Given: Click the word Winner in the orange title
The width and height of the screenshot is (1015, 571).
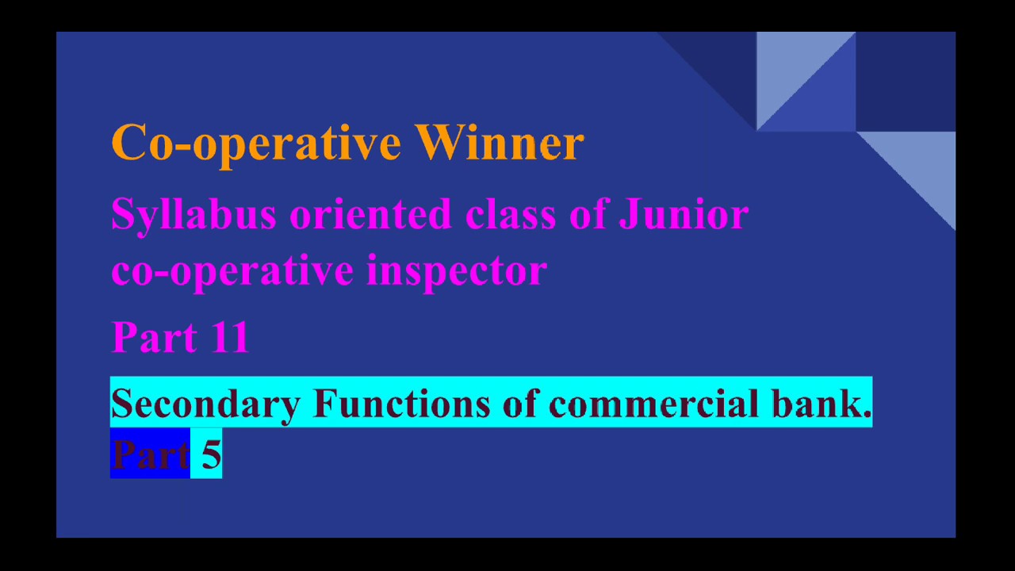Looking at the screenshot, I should point(499,143).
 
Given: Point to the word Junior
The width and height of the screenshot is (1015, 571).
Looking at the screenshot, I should point(683,214).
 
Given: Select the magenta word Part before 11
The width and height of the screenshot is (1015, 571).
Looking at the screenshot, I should point(155,337).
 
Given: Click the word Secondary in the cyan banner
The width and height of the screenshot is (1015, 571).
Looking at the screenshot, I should point(205,404).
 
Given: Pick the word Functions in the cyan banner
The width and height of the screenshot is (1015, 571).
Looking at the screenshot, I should point(401,403).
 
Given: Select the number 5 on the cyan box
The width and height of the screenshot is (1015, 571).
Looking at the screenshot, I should point(210,454).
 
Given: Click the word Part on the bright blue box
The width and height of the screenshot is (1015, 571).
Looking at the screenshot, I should point(150,454).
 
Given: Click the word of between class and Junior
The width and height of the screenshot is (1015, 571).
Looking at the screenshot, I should point(588,214).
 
